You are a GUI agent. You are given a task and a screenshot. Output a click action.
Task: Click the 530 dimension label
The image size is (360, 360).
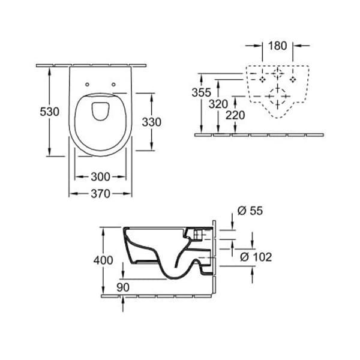50,112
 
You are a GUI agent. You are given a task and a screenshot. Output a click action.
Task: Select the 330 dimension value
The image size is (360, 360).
151,122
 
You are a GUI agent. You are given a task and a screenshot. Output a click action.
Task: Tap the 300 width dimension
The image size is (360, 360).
101,177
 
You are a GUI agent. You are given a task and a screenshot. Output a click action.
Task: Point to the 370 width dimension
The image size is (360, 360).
101,193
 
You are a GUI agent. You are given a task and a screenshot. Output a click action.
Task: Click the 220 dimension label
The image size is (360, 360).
235,115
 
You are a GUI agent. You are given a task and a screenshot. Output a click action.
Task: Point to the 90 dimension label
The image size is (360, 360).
123,287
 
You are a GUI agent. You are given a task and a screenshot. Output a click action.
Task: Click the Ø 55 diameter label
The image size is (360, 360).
250,211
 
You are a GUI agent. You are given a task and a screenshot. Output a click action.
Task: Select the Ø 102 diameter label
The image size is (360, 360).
255,257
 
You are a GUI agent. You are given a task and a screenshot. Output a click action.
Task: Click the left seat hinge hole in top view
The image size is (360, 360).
88,84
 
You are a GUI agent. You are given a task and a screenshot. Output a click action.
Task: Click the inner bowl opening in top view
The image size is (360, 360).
100,111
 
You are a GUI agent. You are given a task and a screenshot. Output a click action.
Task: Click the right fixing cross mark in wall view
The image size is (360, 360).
293,79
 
